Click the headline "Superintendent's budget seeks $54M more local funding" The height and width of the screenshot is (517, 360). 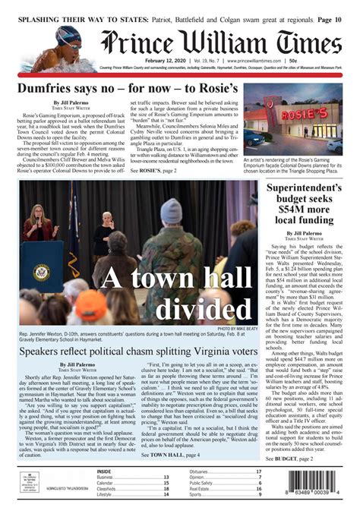pyautogui.click(x=307, y=205)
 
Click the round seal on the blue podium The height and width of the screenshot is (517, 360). pyautogui.click(x=42, y=269)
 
